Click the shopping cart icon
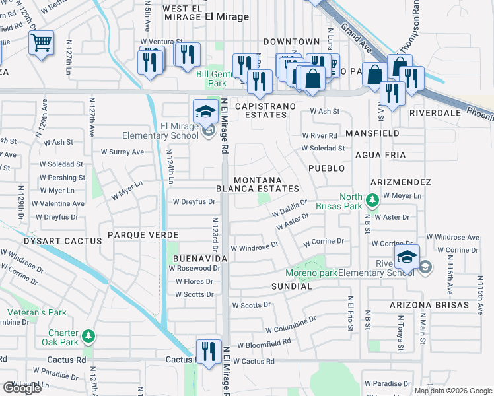pyautogui.click(x=41, y=44)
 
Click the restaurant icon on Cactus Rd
pyautogui.click(x=209, y=351)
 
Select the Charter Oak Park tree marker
pyautogui.click(x=88, y=337)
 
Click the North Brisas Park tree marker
pyautogui.click(x=372, y=199)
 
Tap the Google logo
pyautogui.click(x=22, y=388)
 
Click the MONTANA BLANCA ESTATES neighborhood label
pyautogui.click(x=257, y=184)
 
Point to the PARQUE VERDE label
pyautogui.click(x=139, y=235)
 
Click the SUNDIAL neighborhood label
pyautogui.click(x=291, y=286)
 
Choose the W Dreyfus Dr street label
pyautogui.click(x=194, y=202)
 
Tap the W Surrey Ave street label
pyautogui.click(x=122, y=152)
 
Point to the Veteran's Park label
pyautogui.click(x=37, y=312)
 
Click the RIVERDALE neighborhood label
pyautogui.click(x=434, y=113)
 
